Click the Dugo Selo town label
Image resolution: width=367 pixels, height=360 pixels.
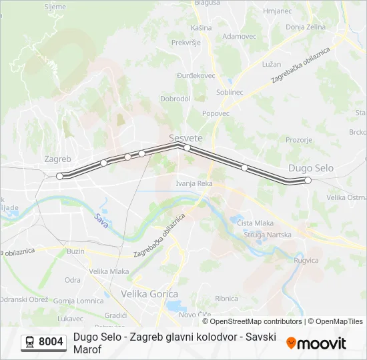tap(311, 169)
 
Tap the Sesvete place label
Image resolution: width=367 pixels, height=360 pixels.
tap(186, 138)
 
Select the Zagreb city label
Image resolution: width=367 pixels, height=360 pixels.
tap(57, 159)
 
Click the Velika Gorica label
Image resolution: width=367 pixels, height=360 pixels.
tap(149, 293)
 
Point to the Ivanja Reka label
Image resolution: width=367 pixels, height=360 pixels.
tap(194, 183)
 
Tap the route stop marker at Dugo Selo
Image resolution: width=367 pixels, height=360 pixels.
tap(308, 180)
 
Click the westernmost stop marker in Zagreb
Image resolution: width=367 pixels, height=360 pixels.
tap(60, 176)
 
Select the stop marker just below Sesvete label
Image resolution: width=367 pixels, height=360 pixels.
tap(188, 147)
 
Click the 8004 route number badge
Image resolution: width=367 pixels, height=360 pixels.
tap(44, 343)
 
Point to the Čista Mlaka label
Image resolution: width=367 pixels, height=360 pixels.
tap(256, 223)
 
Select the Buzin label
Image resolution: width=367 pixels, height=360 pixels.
tap(76, 251)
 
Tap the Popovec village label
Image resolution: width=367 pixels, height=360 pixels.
tap(216, 113)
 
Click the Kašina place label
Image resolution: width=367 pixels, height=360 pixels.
tap(201, 28)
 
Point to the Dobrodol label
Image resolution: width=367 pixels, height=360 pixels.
tap(175, 99)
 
